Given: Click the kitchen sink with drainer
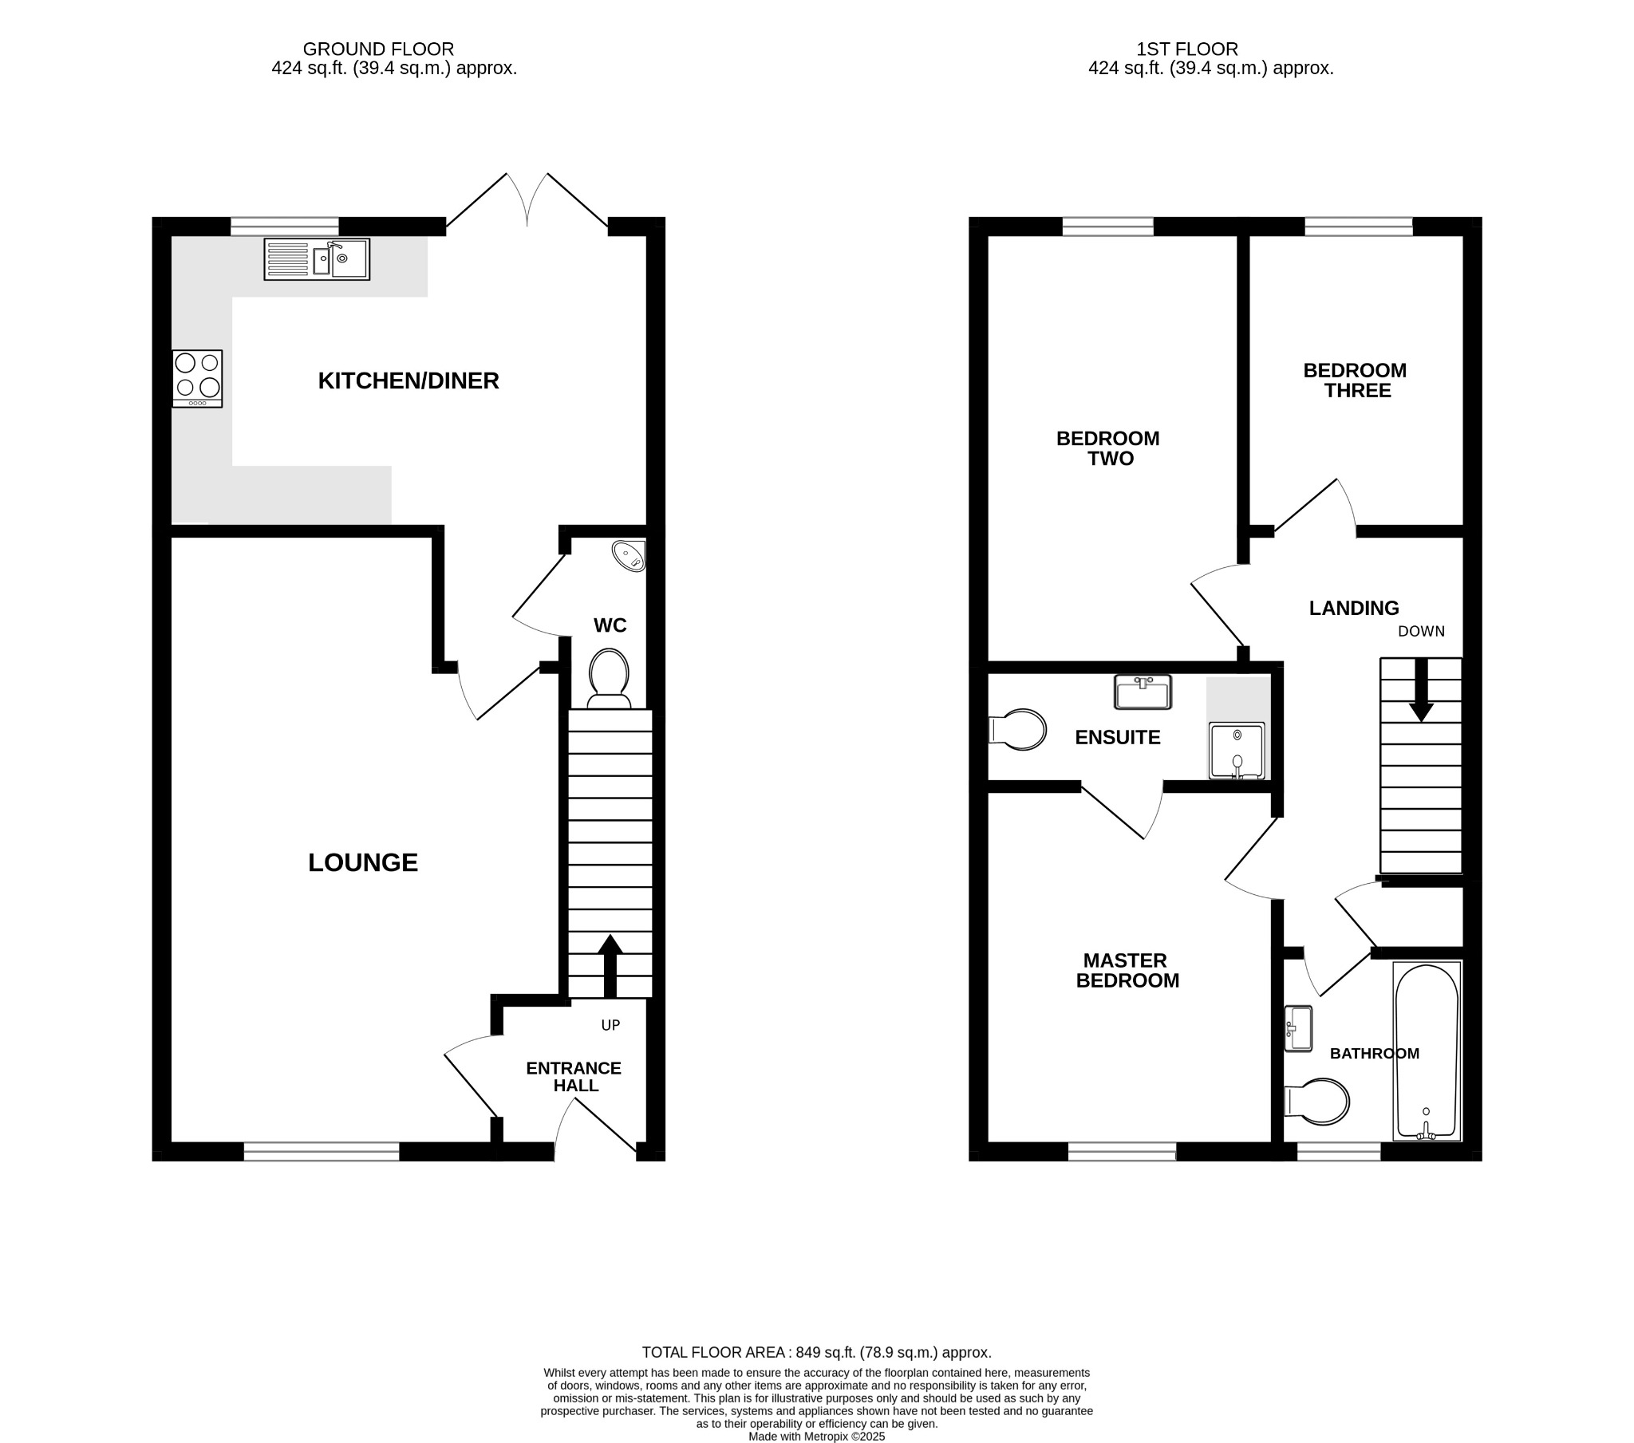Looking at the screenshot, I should (x=317, y=259).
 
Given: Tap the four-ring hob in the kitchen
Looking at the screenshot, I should (x=196, y=379).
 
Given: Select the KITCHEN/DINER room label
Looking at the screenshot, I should (x=408, y=380).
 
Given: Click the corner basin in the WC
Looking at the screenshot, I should (x=630, y=555).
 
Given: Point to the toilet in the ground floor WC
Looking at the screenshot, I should (x=609, y=678).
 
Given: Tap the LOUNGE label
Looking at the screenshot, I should (x=363, y=862).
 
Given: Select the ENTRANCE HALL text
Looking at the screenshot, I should (x=574, y=1077).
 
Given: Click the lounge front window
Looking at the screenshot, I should (x=322, y=1150).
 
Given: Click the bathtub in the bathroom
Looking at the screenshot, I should (x=1426, y=1051).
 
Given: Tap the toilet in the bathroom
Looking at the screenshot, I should (x=1317, y=1102).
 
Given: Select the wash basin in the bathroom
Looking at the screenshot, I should (x=1299, y=1028).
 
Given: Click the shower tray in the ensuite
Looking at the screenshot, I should (x=1237, y=750).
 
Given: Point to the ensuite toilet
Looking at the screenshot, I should (x=1017, y=730).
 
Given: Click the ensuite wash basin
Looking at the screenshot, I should (x=1143, y=692).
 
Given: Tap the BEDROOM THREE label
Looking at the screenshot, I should (x=1355, y=380).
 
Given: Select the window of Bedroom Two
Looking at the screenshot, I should (x=1108, y=228).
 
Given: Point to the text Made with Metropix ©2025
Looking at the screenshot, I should (x=816, y=1436).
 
